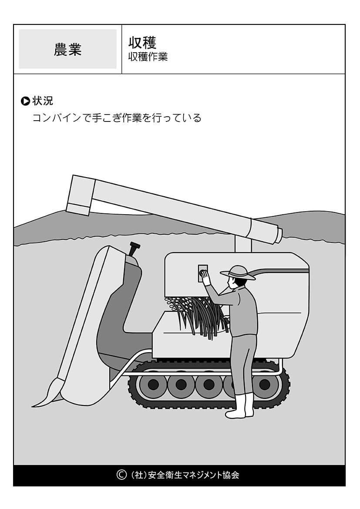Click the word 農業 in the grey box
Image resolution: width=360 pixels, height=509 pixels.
coord(67,50)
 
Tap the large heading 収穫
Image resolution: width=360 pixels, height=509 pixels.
coord(142,42)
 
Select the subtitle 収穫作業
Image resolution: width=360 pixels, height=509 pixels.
coord(148,57)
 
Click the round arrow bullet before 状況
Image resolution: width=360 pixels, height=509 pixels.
coord(25,101)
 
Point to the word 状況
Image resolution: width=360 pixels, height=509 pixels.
coord(43,101)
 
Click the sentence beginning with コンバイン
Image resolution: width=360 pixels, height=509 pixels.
coord(117,118)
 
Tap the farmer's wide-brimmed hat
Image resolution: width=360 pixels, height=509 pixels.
coord(237,273)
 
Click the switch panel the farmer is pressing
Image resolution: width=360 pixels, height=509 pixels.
coord(203,273)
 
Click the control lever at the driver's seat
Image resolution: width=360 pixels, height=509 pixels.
coord(134,249)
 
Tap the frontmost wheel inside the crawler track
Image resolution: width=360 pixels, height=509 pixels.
coord(153,385)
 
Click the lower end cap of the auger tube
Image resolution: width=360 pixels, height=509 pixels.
coord(278,234)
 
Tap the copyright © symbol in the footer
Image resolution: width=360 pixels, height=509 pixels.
coord(121,475)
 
